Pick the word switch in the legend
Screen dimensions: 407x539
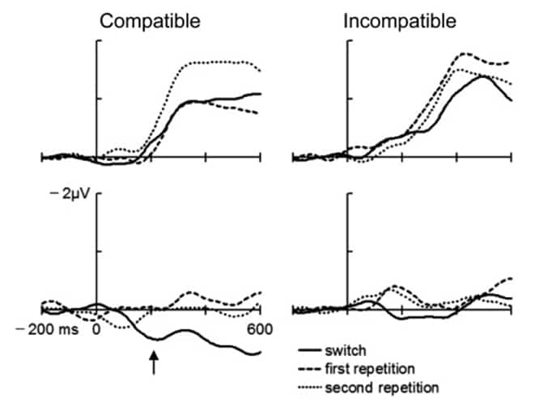[343, 350]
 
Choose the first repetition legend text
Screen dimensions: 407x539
[367, 368]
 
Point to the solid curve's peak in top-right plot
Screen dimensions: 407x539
[483, 76]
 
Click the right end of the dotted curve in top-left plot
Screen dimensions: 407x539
[260, 71]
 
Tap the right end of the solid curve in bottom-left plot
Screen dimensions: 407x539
[260, 352]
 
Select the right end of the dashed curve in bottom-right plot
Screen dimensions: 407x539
[511, 278]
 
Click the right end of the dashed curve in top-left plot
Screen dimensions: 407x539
[260, 113]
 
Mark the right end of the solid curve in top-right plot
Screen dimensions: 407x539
[511, 100]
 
